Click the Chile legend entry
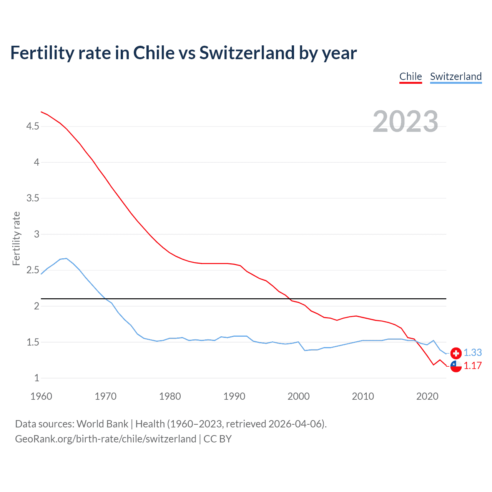411,76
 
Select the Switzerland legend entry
455,76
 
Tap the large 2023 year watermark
405,121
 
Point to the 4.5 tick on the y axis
33,126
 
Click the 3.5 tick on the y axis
33,198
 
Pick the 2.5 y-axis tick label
33,270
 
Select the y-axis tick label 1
37,378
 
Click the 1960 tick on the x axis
41,396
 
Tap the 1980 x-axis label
170,396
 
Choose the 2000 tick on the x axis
298,396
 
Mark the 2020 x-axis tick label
427,396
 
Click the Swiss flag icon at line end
456,353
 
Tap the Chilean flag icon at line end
456,366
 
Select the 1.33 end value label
472,352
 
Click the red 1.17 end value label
472,366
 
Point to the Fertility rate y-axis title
16,238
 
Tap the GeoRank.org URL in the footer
106,439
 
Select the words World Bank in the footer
102,424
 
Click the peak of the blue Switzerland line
66,258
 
